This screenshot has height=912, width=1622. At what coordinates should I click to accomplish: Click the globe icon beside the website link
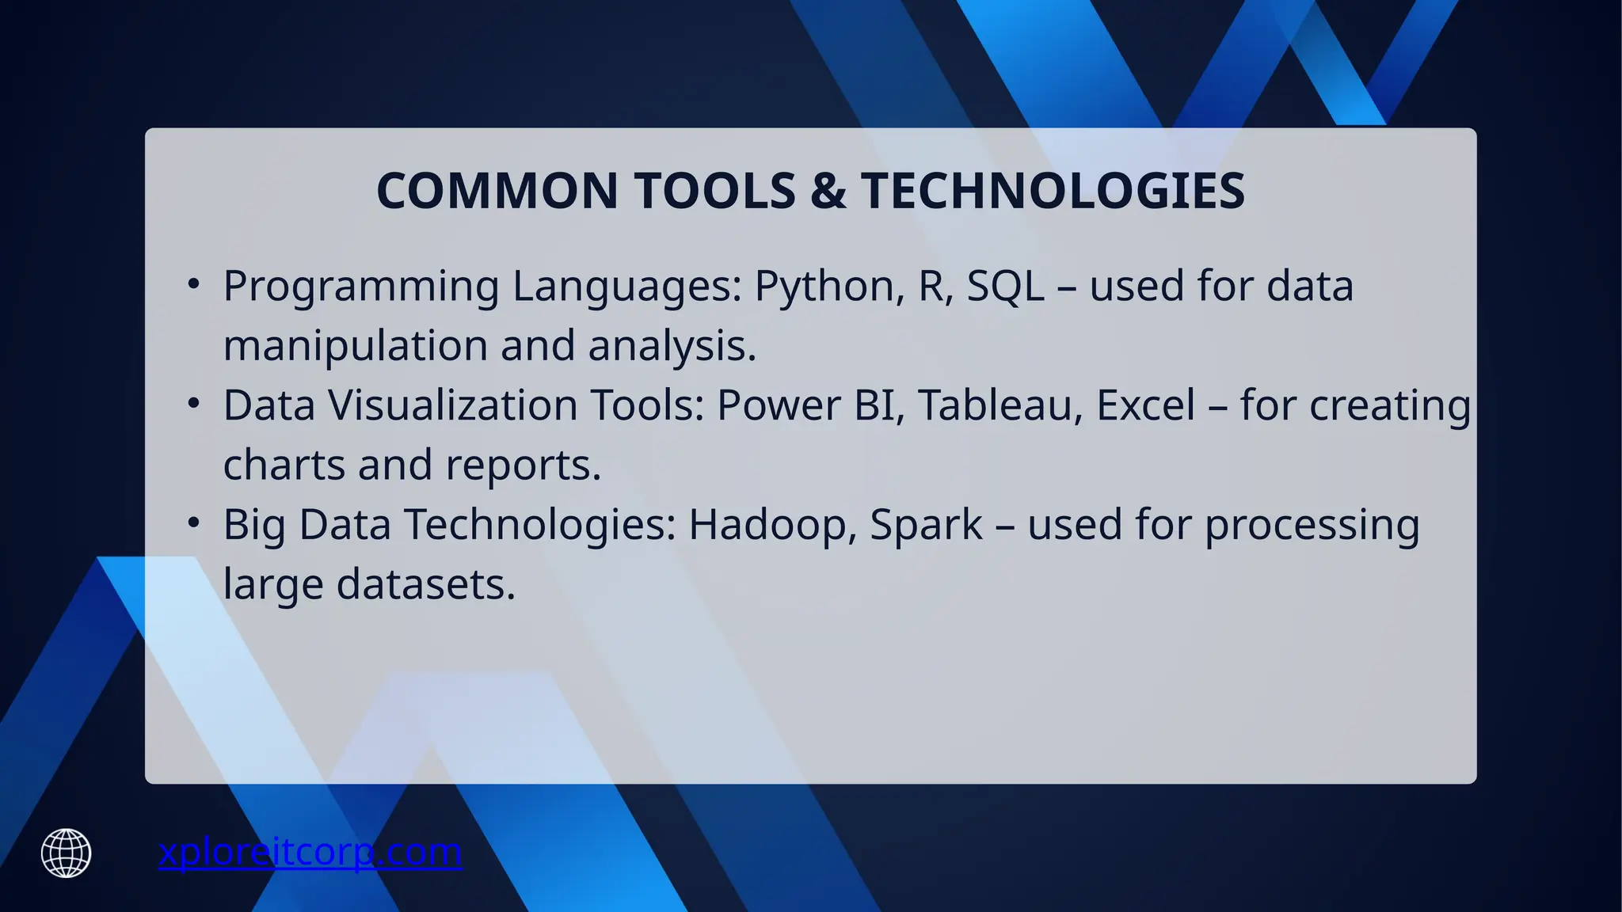coord(67,853)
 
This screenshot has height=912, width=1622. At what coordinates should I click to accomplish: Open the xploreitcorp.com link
coord(310,853)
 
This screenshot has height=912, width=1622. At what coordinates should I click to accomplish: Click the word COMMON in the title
coord(497,191)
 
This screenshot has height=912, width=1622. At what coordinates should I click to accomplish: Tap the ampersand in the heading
coord(828,191)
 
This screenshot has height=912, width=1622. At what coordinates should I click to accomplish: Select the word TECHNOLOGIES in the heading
coord(1053,191)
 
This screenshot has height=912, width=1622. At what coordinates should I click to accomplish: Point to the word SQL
coord(1005,286)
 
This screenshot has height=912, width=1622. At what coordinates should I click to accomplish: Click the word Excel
coord(1145,405)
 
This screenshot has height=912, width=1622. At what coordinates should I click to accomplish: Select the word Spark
coord(926,525)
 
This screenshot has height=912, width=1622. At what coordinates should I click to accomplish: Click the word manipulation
coord(355,346)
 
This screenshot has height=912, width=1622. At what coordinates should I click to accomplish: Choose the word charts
coord(284,465)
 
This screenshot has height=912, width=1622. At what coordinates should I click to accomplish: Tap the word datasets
coord(425,585)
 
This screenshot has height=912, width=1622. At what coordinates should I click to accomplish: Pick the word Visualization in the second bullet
coord(452,405)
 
